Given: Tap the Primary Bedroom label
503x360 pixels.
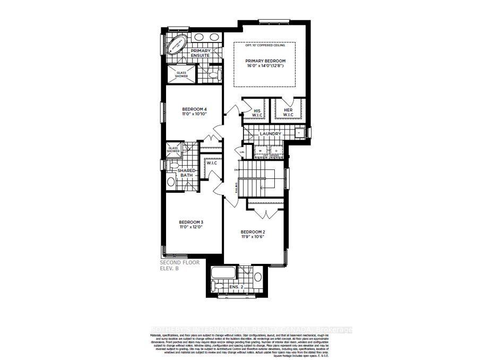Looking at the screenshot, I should pyautogui.click(x=265, y=61).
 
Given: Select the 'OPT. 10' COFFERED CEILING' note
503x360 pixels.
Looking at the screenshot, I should pyautogui.click(x=265, y=45).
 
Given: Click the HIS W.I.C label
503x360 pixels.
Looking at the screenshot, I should pyautogui.click(x=256, y=113).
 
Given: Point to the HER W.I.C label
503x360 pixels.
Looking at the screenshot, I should pyautogui.click(x=288, y=113).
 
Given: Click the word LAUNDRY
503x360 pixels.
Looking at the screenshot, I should pyautogui.click(x=270, y=134).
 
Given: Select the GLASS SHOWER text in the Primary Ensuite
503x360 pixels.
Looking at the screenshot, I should pyautogui.click(x=181, y=74).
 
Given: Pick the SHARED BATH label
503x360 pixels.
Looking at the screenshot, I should pyautogui.click(x=187, y=173).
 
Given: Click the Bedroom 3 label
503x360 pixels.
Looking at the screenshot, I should pyautogui.click(x=191, y=222).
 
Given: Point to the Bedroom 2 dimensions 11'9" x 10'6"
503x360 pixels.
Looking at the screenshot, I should pyautogui.click(x=253, y=237).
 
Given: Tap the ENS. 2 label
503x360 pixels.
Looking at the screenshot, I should pyautogui.click(x=237, y=287).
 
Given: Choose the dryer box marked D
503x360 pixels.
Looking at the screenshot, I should pyautogui.click(x=276, y=151).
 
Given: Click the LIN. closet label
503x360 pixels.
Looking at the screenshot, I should pyautogui.click(x=242, y=152).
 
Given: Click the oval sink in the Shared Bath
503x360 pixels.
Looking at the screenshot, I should pyautogui.click(x=171, y=182).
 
